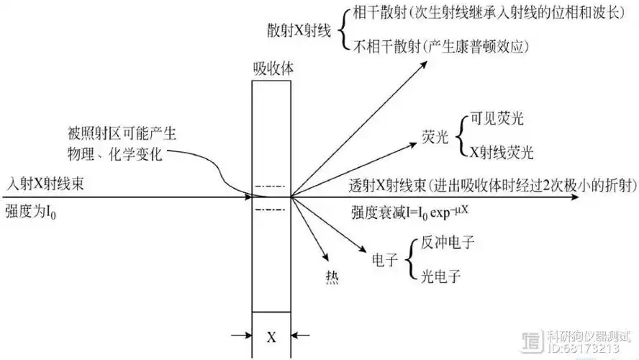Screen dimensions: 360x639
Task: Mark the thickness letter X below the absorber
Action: click(x=271, y=336)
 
